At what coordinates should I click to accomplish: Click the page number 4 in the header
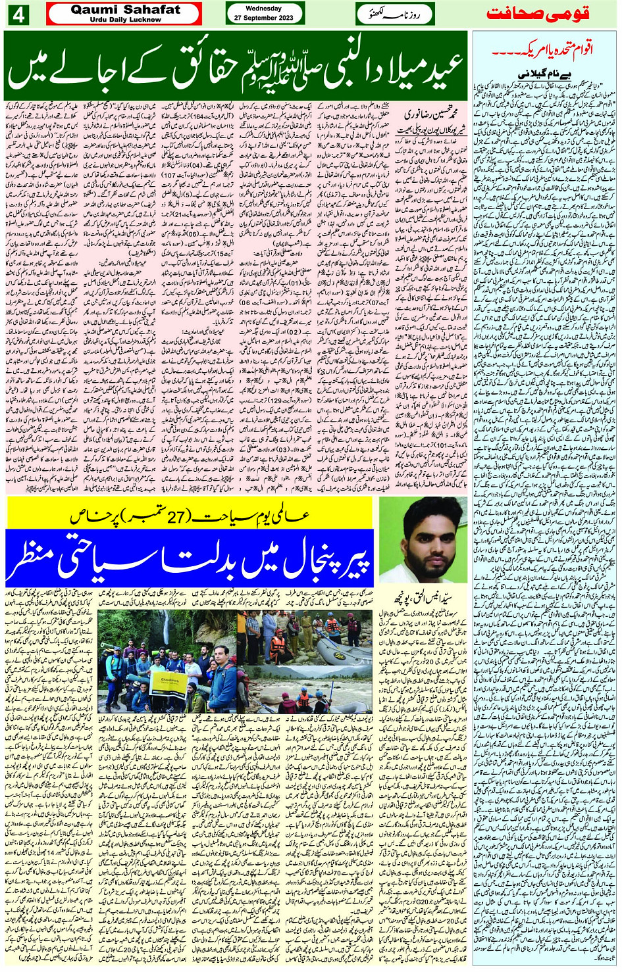(18, 14)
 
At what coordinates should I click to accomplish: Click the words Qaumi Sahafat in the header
(124, 10)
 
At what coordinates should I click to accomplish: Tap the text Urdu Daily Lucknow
(124, 20)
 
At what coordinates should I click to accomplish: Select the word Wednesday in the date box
(263, 9)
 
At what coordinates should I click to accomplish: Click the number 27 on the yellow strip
(194, 517)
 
